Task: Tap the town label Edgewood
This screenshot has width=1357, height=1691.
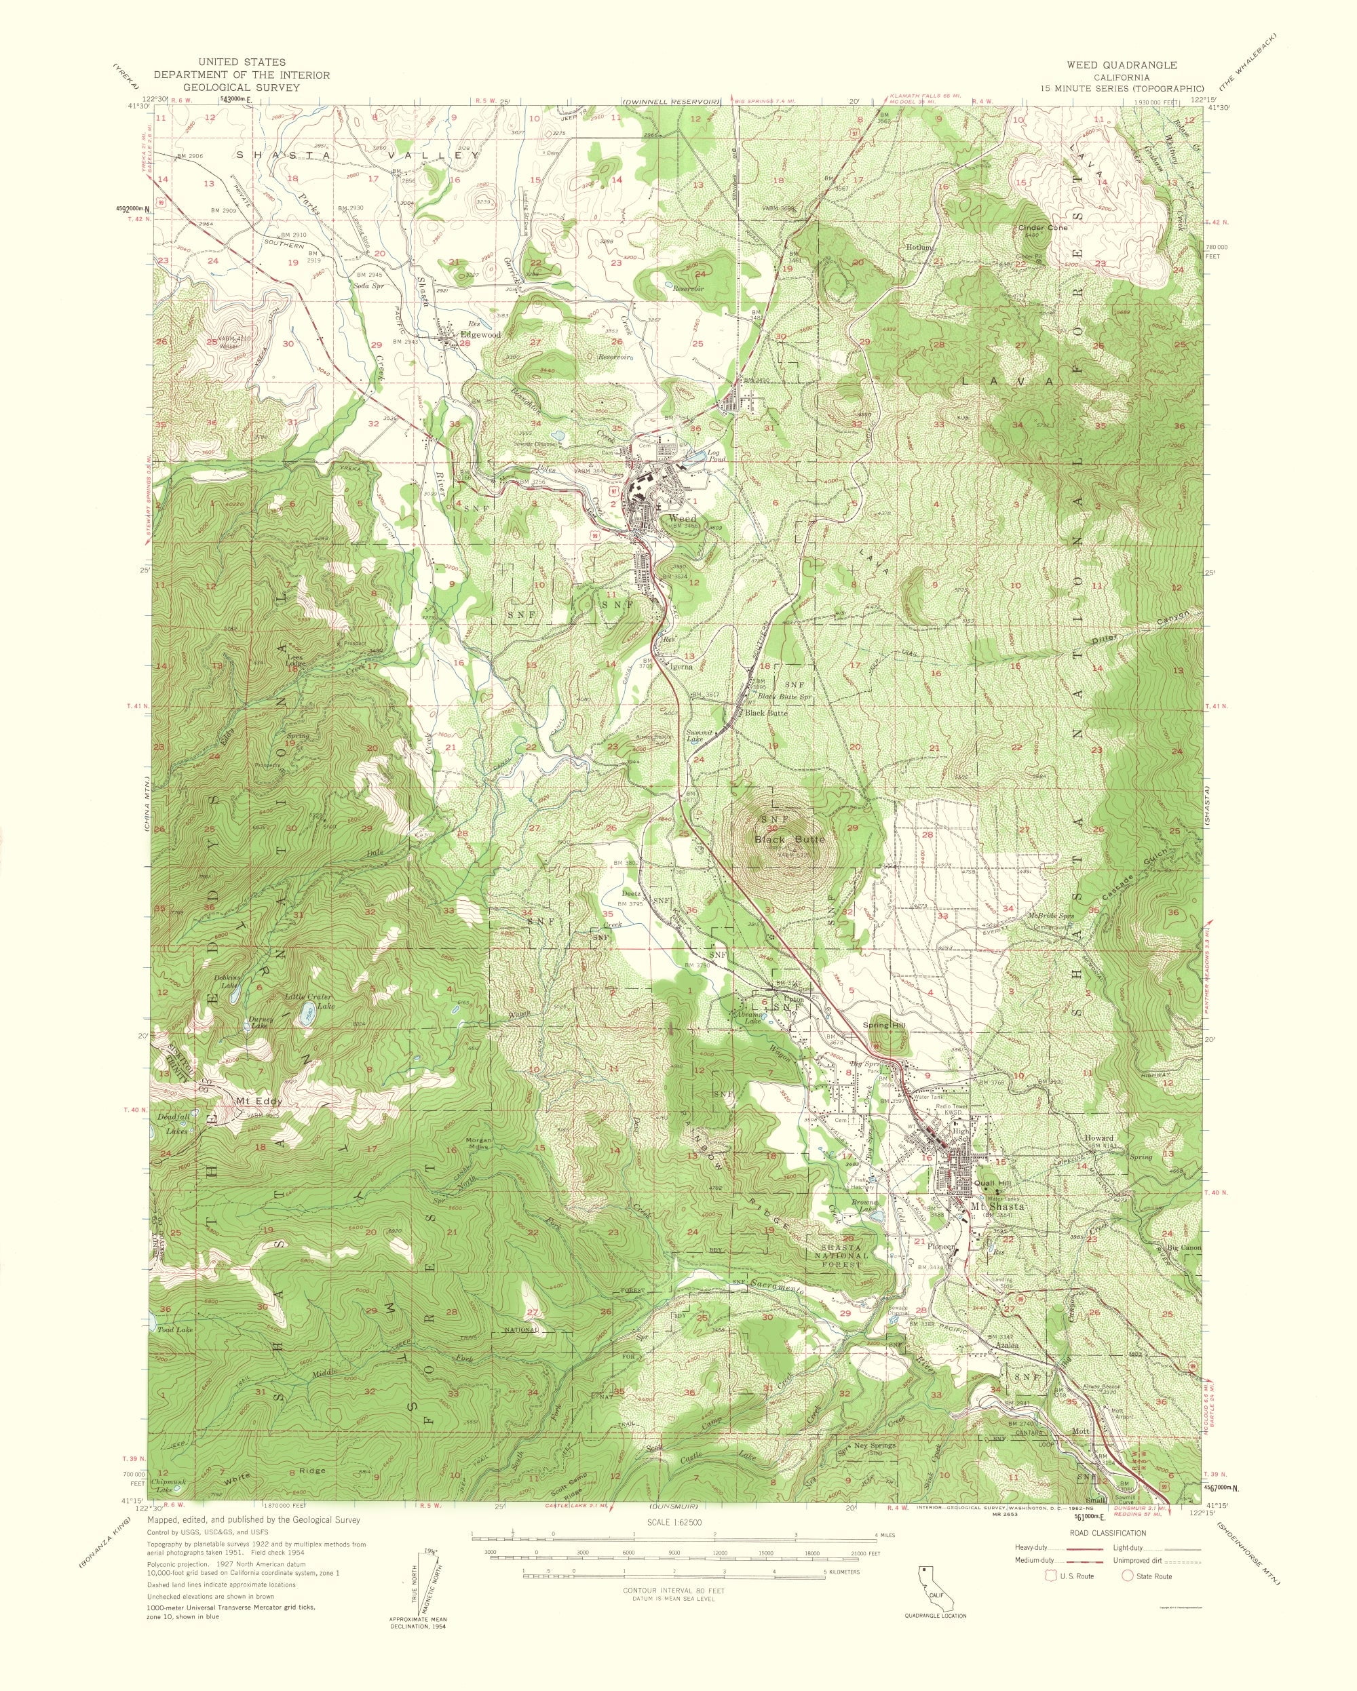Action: (480, 335)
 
